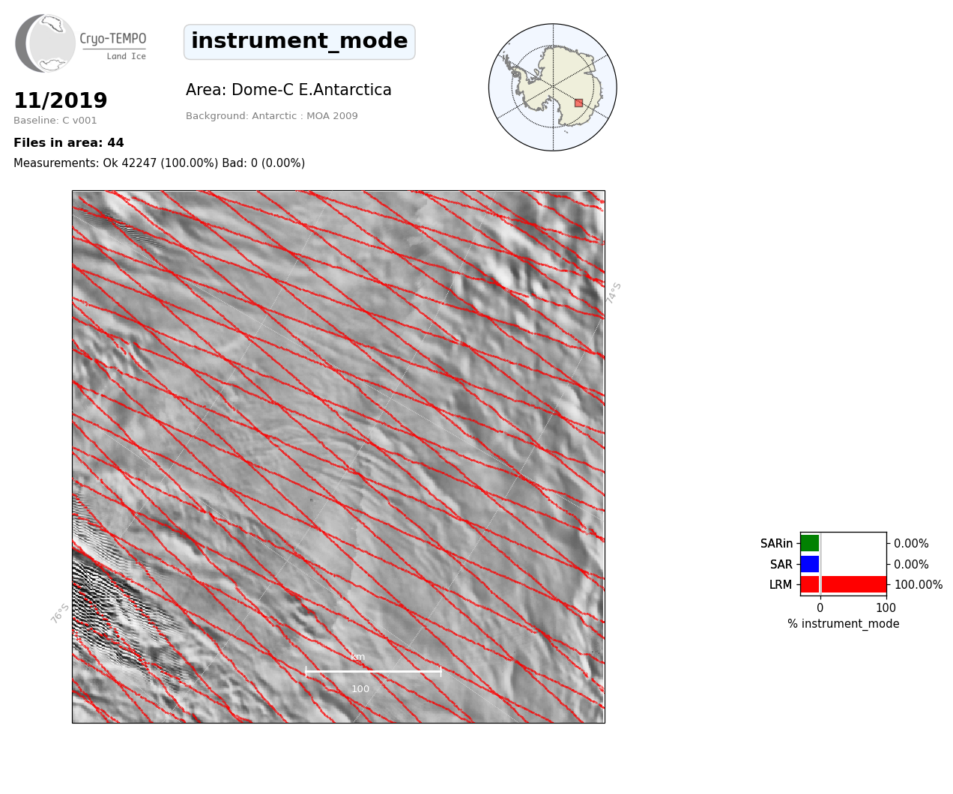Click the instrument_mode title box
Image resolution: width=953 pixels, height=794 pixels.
click(300, 42)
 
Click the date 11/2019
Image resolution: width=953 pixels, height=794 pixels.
click(61, 100)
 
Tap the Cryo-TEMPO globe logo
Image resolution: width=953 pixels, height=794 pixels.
click(45, 43)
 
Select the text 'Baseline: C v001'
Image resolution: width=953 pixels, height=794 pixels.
click(55, 121)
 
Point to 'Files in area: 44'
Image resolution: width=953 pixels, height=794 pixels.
click(69, 143)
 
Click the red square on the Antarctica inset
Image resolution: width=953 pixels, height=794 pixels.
click(578, 103)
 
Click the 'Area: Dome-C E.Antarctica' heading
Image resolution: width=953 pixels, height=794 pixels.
click(288, 90)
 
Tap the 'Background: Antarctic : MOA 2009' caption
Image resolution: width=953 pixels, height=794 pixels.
click(271, 116)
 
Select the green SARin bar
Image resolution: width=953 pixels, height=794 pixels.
click(810, 543)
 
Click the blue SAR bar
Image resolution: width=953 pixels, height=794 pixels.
click(810, 564)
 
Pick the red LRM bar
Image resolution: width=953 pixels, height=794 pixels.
click(844, 584)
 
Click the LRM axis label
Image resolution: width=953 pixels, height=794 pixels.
click(781, 584)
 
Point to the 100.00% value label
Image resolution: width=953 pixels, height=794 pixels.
click(919, 584)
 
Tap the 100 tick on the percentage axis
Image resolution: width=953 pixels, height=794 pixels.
click(886, 607)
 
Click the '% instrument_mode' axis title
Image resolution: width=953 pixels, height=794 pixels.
click(844, 624)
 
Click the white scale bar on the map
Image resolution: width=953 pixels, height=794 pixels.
click(373, 671)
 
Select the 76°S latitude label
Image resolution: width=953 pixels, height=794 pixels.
click(60, 613)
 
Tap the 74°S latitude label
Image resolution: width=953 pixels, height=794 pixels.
click(614, 293)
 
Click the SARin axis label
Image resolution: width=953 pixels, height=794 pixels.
click(776, 544)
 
